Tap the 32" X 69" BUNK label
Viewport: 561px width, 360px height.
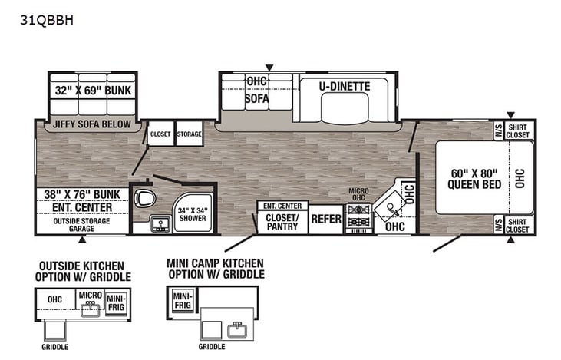93,90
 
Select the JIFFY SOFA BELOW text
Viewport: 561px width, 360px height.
91,124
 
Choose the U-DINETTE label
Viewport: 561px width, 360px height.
345,87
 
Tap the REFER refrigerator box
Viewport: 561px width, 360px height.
326,219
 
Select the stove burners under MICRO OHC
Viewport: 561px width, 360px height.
359,217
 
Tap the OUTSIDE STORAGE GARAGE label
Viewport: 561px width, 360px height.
81,224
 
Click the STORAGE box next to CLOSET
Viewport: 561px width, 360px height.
188,134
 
